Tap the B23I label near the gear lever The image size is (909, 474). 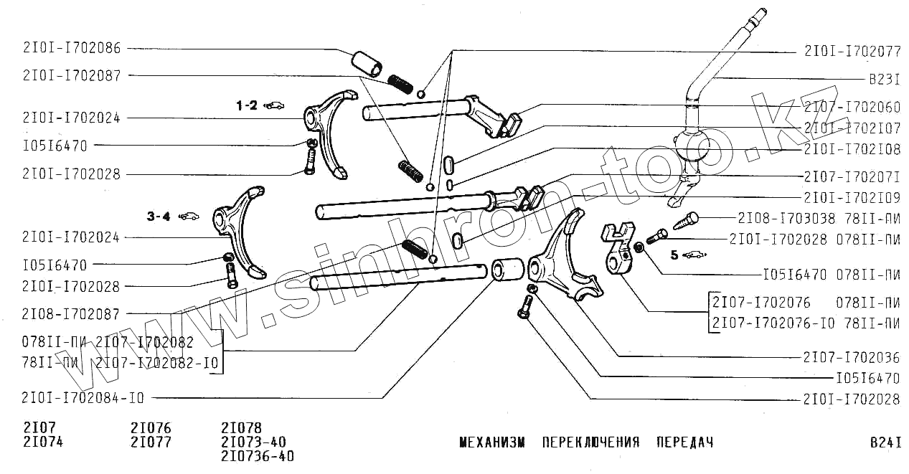click(x=884, y=81)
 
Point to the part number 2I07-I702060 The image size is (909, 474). click(x=852, y=108)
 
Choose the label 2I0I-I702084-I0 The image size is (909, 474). click(x=83, y=398)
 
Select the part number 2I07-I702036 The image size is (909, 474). click(x=852, y=356)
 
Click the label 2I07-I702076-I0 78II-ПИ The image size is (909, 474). click(x=806, y=323)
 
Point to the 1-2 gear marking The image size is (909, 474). click(x=247, y=105)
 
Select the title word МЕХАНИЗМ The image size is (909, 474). click(x=491, y=442)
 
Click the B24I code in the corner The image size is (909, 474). click(x=885, y=442)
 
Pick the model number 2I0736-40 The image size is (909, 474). click(x=258, y=457)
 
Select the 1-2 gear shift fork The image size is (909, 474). click(x=331, y=133)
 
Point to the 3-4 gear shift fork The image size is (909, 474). click(x=241, y=232)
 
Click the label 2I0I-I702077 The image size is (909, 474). click(x=852, y=52)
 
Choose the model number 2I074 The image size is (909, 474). click(x=43, y=442)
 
